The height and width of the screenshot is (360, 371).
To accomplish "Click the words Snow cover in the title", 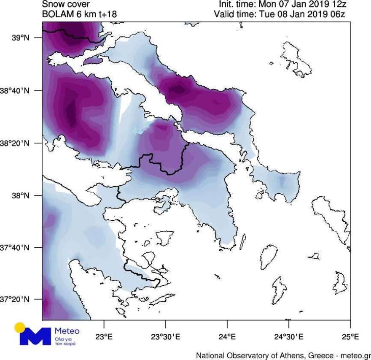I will [x=66, y=5].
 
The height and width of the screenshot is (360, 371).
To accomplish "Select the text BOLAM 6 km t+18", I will [x=79, y=14].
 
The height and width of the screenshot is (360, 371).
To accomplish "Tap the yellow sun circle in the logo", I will [x=20, y=328].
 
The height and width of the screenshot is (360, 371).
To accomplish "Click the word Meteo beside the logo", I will [x=67, y=331].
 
